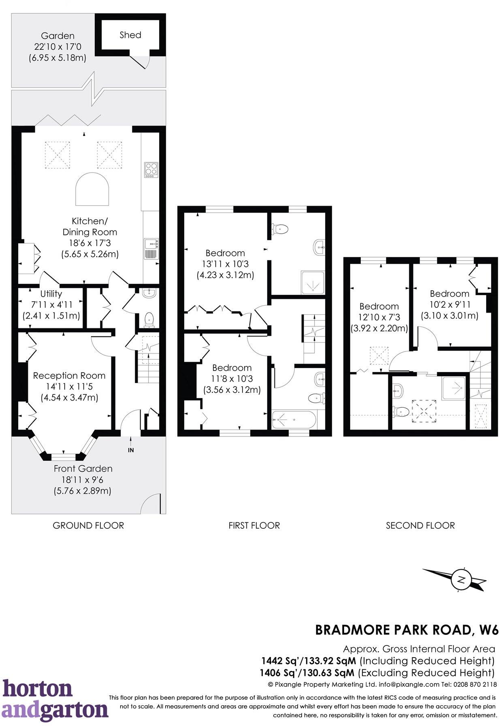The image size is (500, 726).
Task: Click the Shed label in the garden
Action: tap(130, 35)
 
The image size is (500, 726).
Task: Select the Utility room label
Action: tap(51, 294)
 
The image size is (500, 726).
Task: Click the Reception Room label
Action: tap(69, 375)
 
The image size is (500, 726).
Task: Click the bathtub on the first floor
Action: tap(293, 419)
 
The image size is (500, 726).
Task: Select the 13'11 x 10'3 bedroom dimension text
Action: tap(225, 264)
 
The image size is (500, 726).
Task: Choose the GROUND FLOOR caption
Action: tap(88, 526)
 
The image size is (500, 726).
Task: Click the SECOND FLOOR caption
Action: tap(420, 526)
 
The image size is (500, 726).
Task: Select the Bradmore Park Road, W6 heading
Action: tap(406, 630)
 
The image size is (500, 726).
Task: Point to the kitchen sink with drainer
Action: tap(151, 249)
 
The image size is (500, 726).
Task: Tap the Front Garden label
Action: tap(83, 468)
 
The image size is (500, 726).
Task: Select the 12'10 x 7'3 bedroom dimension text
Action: tap(379, 317)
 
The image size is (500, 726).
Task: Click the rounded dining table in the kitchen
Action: tap(92, 189)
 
